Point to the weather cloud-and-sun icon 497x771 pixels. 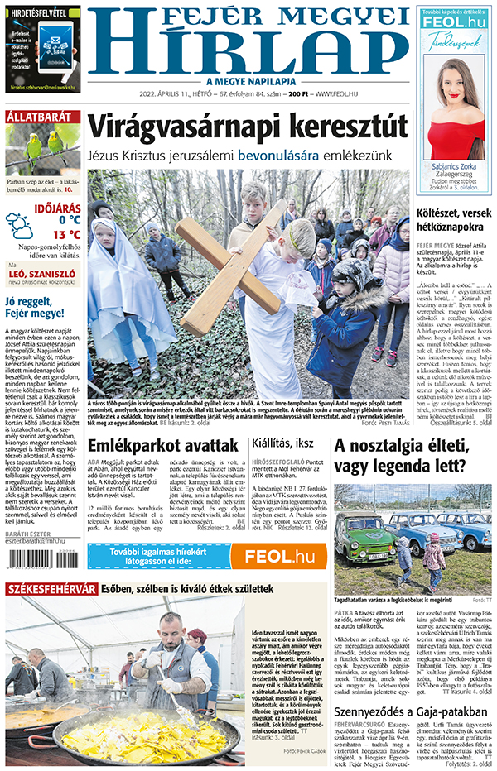[x=20, y=224]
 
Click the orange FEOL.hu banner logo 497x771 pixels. [x=278, y=557]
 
